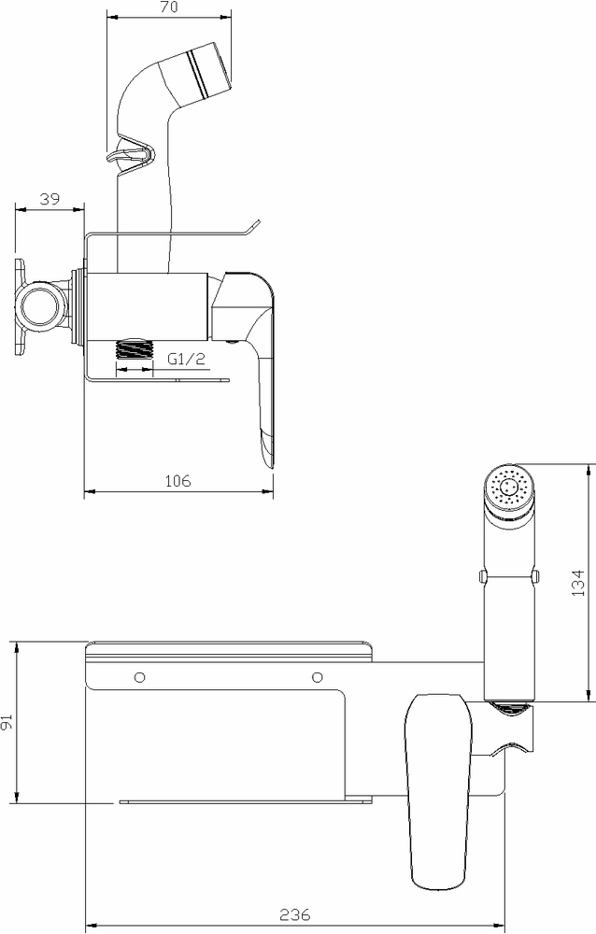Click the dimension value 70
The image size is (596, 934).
pos(169,7)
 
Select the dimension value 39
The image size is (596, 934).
pos(50,199)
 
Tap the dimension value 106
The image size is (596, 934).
pos(177,481)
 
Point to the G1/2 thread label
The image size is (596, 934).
pos(186,359)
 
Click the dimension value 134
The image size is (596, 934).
pos(577,583)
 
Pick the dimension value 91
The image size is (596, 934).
pos(7,723)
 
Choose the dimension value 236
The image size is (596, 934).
pos(295,914)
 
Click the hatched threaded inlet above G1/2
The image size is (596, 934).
pos(135,348)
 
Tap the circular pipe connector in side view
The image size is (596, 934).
pos(40,307)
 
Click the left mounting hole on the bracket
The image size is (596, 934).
pos(140,677)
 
